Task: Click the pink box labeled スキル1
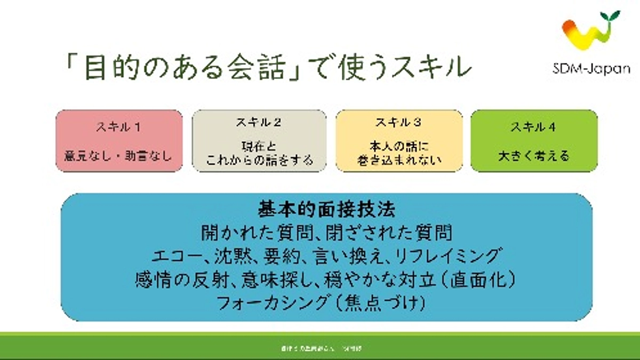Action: pos(119,141)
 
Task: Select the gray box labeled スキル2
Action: pos(259,141)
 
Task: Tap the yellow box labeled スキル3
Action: pos(399,141)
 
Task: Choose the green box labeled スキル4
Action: pos(533,141)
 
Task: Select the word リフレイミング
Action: pos(449,255)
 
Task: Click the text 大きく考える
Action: pos(533,157)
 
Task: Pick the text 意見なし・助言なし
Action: pos(119,157)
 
